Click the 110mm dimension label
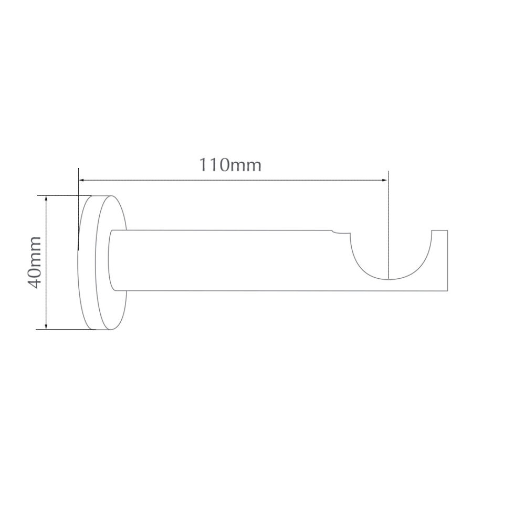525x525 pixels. click(230, 165)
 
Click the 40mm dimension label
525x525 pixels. click(35, 262)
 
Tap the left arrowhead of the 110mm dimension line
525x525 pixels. click(81, 180)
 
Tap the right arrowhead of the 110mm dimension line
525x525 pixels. click(384, 180)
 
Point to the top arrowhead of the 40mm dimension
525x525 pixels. click(46, 199)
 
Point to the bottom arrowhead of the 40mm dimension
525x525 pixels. click(46, 326)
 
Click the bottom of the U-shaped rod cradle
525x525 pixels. click(389, 279)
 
